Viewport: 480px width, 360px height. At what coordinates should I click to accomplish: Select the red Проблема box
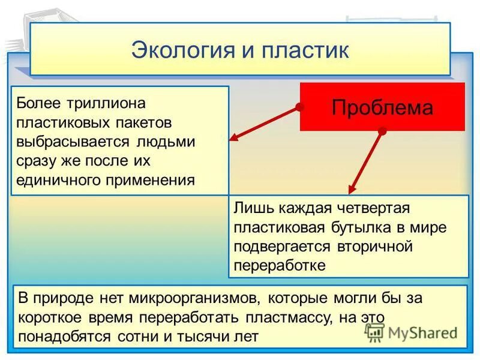[x=382, y=107]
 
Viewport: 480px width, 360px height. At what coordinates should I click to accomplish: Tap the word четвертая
[x=371, y=208]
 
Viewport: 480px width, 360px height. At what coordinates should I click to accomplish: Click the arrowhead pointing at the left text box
[x=234, y=138]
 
